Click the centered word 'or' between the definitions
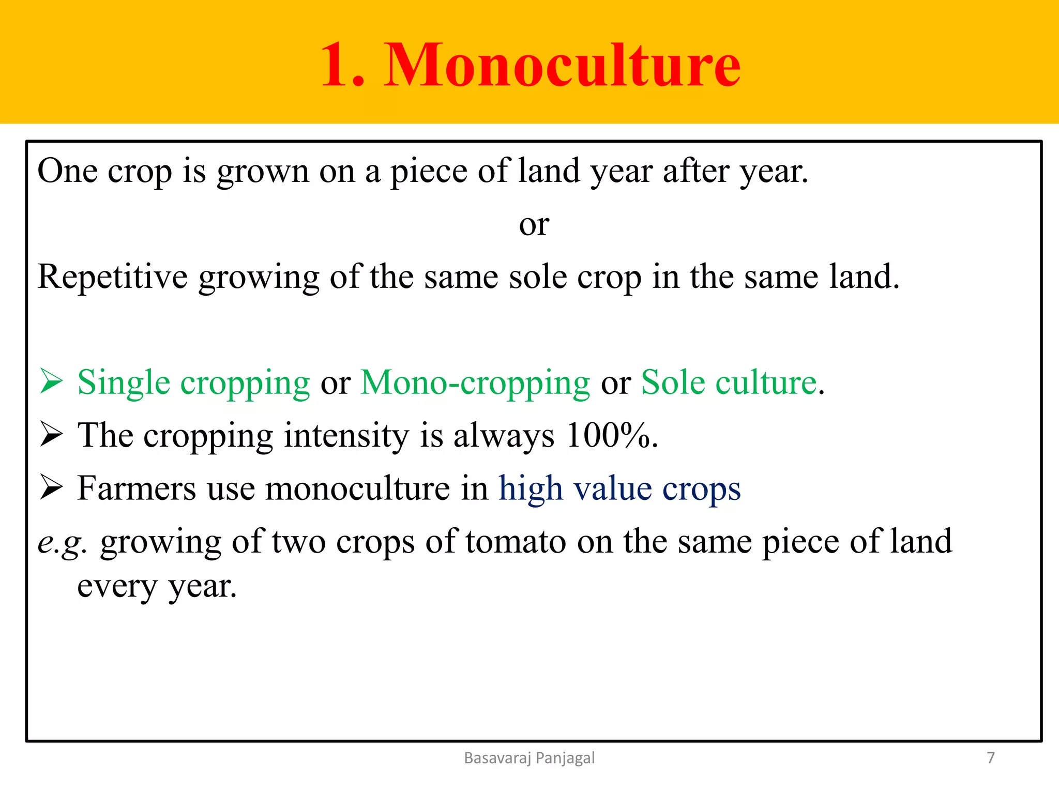click(x=534, y=225)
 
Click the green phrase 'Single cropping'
click(x=193, y=383)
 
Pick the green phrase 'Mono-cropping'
click(x=475, y=383)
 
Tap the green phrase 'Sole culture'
click(x=729, y=383)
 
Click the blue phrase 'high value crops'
click(x=619, y=488)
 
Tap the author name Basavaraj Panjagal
click(x=529, y=758)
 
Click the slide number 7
click(x=990, y=758)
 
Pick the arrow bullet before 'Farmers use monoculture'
click(x=51, y=488)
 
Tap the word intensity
click(x=346, y=435)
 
